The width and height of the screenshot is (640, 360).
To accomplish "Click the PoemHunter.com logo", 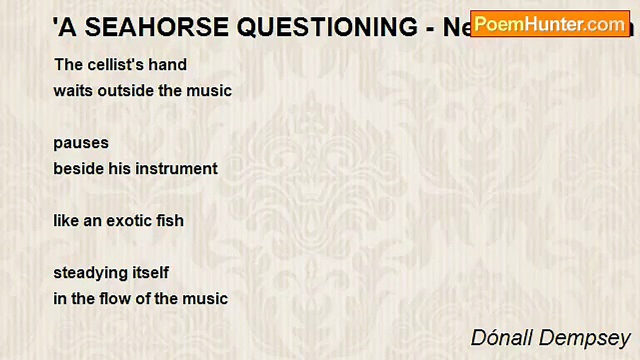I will click(x=550, y=23).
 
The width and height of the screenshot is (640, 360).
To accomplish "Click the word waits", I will click(x=69, y=91).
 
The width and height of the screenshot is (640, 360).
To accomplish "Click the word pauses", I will click(x=81, y=143).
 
